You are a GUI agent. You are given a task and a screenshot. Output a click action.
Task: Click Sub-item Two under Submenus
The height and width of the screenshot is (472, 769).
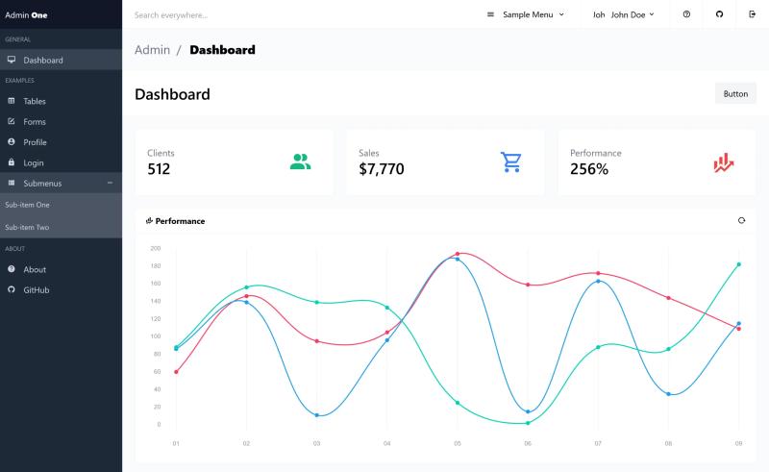click(x=27, y=227)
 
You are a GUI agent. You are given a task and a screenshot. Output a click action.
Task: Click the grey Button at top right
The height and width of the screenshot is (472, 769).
click(x=735, y=93)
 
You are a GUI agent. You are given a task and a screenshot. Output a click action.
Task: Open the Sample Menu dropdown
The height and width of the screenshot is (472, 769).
click(x=525, y=14)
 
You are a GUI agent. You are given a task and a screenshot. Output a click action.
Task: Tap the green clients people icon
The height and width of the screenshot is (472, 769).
click(x=300, y=161)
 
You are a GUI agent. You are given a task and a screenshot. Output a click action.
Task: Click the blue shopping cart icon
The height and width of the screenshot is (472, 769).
click(x=511, y=161)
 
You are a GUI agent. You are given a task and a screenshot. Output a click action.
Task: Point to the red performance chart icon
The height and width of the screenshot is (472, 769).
click(x=724, y=162)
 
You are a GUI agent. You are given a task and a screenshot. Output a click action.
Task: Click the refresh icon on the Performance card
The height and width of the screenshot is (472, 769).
click(x=741, y=221)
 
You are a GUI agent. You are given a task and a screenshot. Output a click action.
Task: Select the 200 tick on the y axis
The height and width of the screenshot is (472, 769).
click(x=156, y=248)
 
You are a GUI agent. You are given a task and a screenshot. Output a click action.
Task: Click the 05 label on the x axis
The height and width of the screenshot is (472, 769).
click(x=458, y=443)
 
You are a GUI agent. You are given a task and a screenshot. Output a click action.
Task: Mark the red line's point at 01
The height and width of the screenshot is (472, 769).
click(x=176, y=372)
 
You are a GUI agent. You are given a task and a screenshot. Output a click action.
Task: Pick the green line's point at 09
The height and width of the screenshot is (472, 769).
click(x=738, y=264)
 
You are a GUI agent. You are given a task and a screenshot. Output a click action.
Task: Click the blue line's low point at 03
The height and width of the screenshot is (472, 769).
click(x=317, y=415)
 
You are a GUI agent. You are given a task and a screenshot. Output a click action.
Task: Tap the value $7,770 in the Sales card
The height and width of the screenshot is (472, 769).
click(x=382, y=169)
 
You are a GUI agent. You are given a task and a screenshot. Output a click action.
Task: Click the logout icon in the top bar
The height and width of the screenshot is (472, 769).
click(x=752, y=14)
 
